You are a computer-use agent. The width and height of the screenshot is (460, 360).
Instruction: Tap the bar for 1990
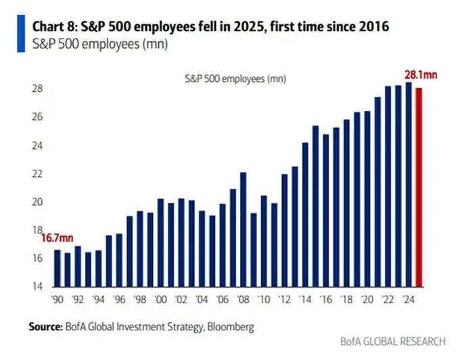point(57,268)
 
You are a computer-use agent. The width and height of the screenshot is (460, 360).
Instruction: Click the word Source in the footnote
point(45,327)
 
